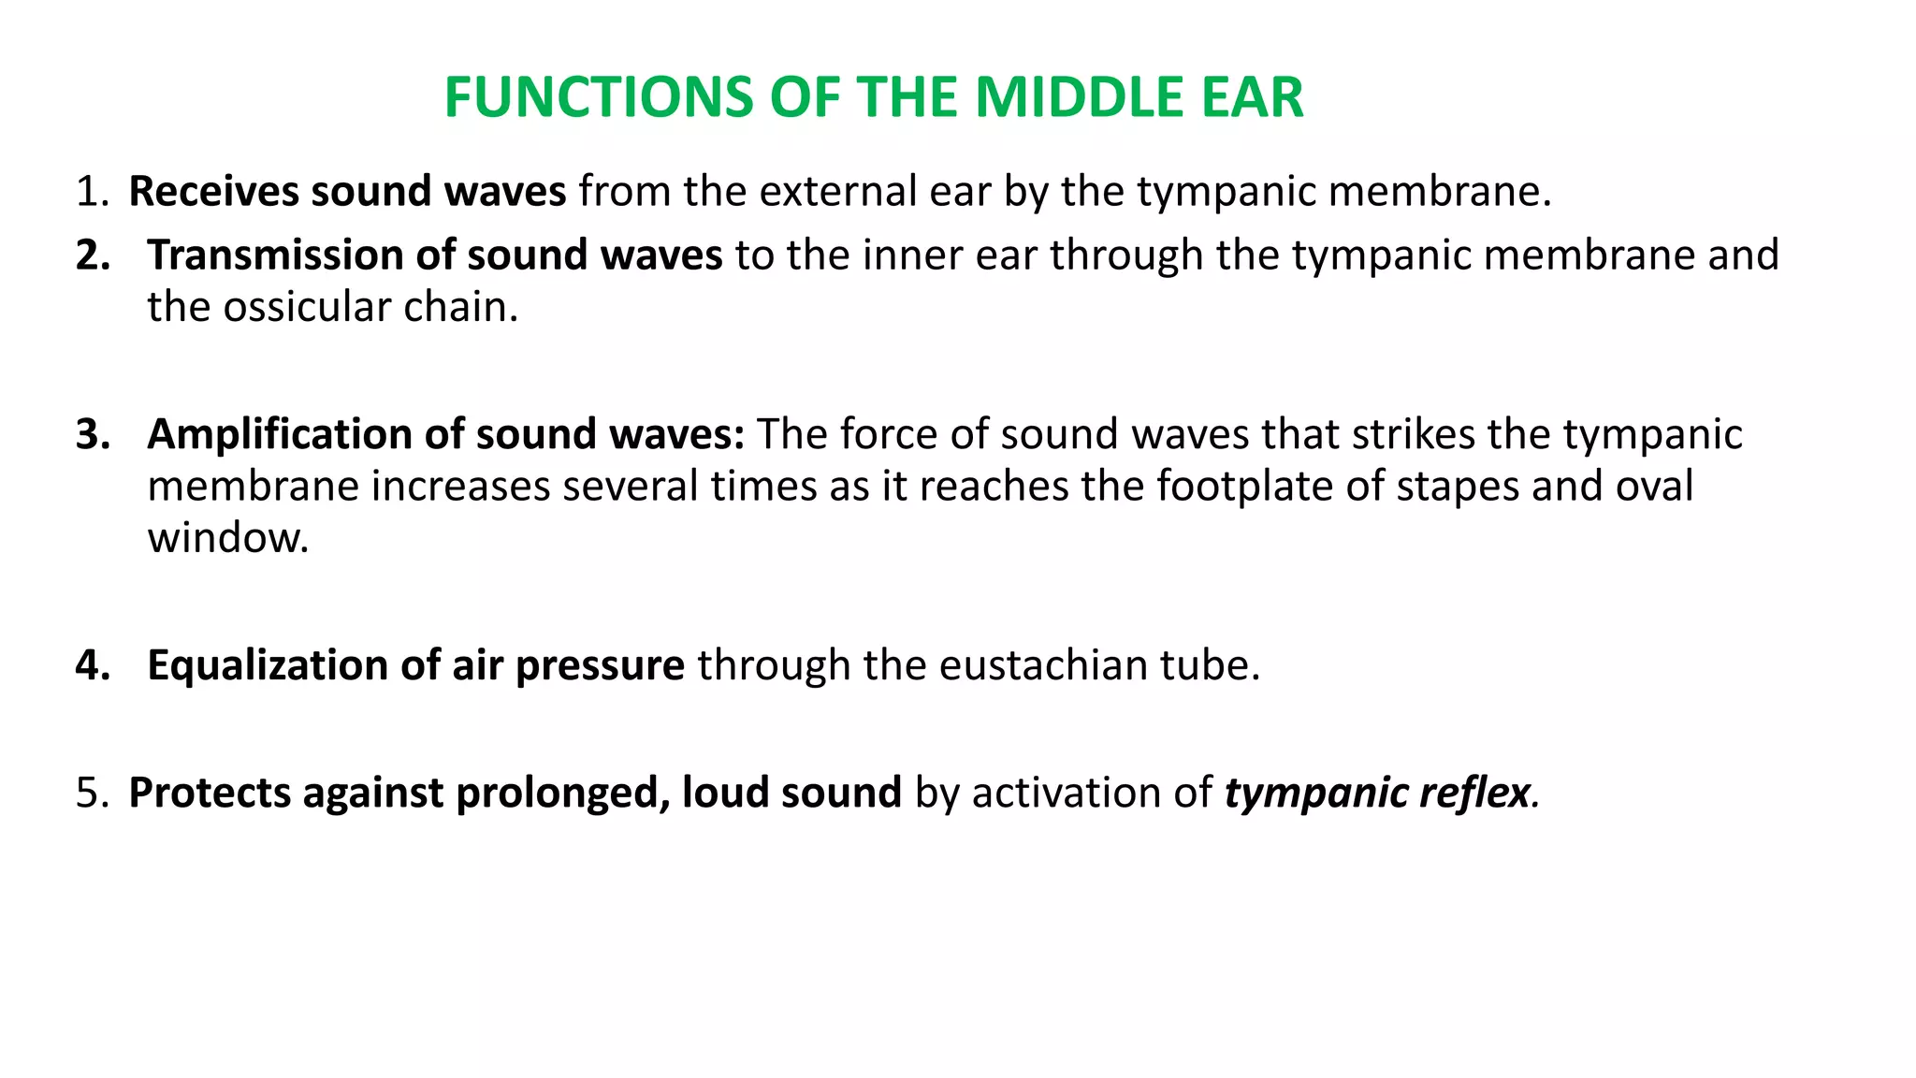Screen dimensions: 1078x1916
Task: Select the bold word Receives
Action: coord(213,192)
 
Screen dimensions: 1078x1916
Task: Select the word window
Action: coord(227,538)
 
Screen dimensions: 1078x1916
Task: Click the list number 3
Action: coord(92,435)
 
